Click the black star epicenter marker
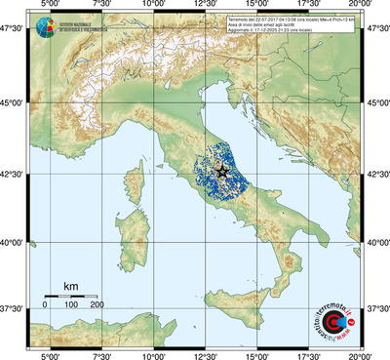[x=222, y=171]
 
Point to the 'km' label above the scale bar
[x=71, y=286]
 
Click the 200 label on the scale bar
[x=97, y=305]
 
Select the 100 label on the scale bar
[x=71, y=305]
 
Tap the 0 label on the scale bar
[x=45, y=305]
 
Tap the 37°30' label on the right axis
[x=377, y=308]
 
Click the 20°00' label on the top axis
[x=362, y=6]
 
